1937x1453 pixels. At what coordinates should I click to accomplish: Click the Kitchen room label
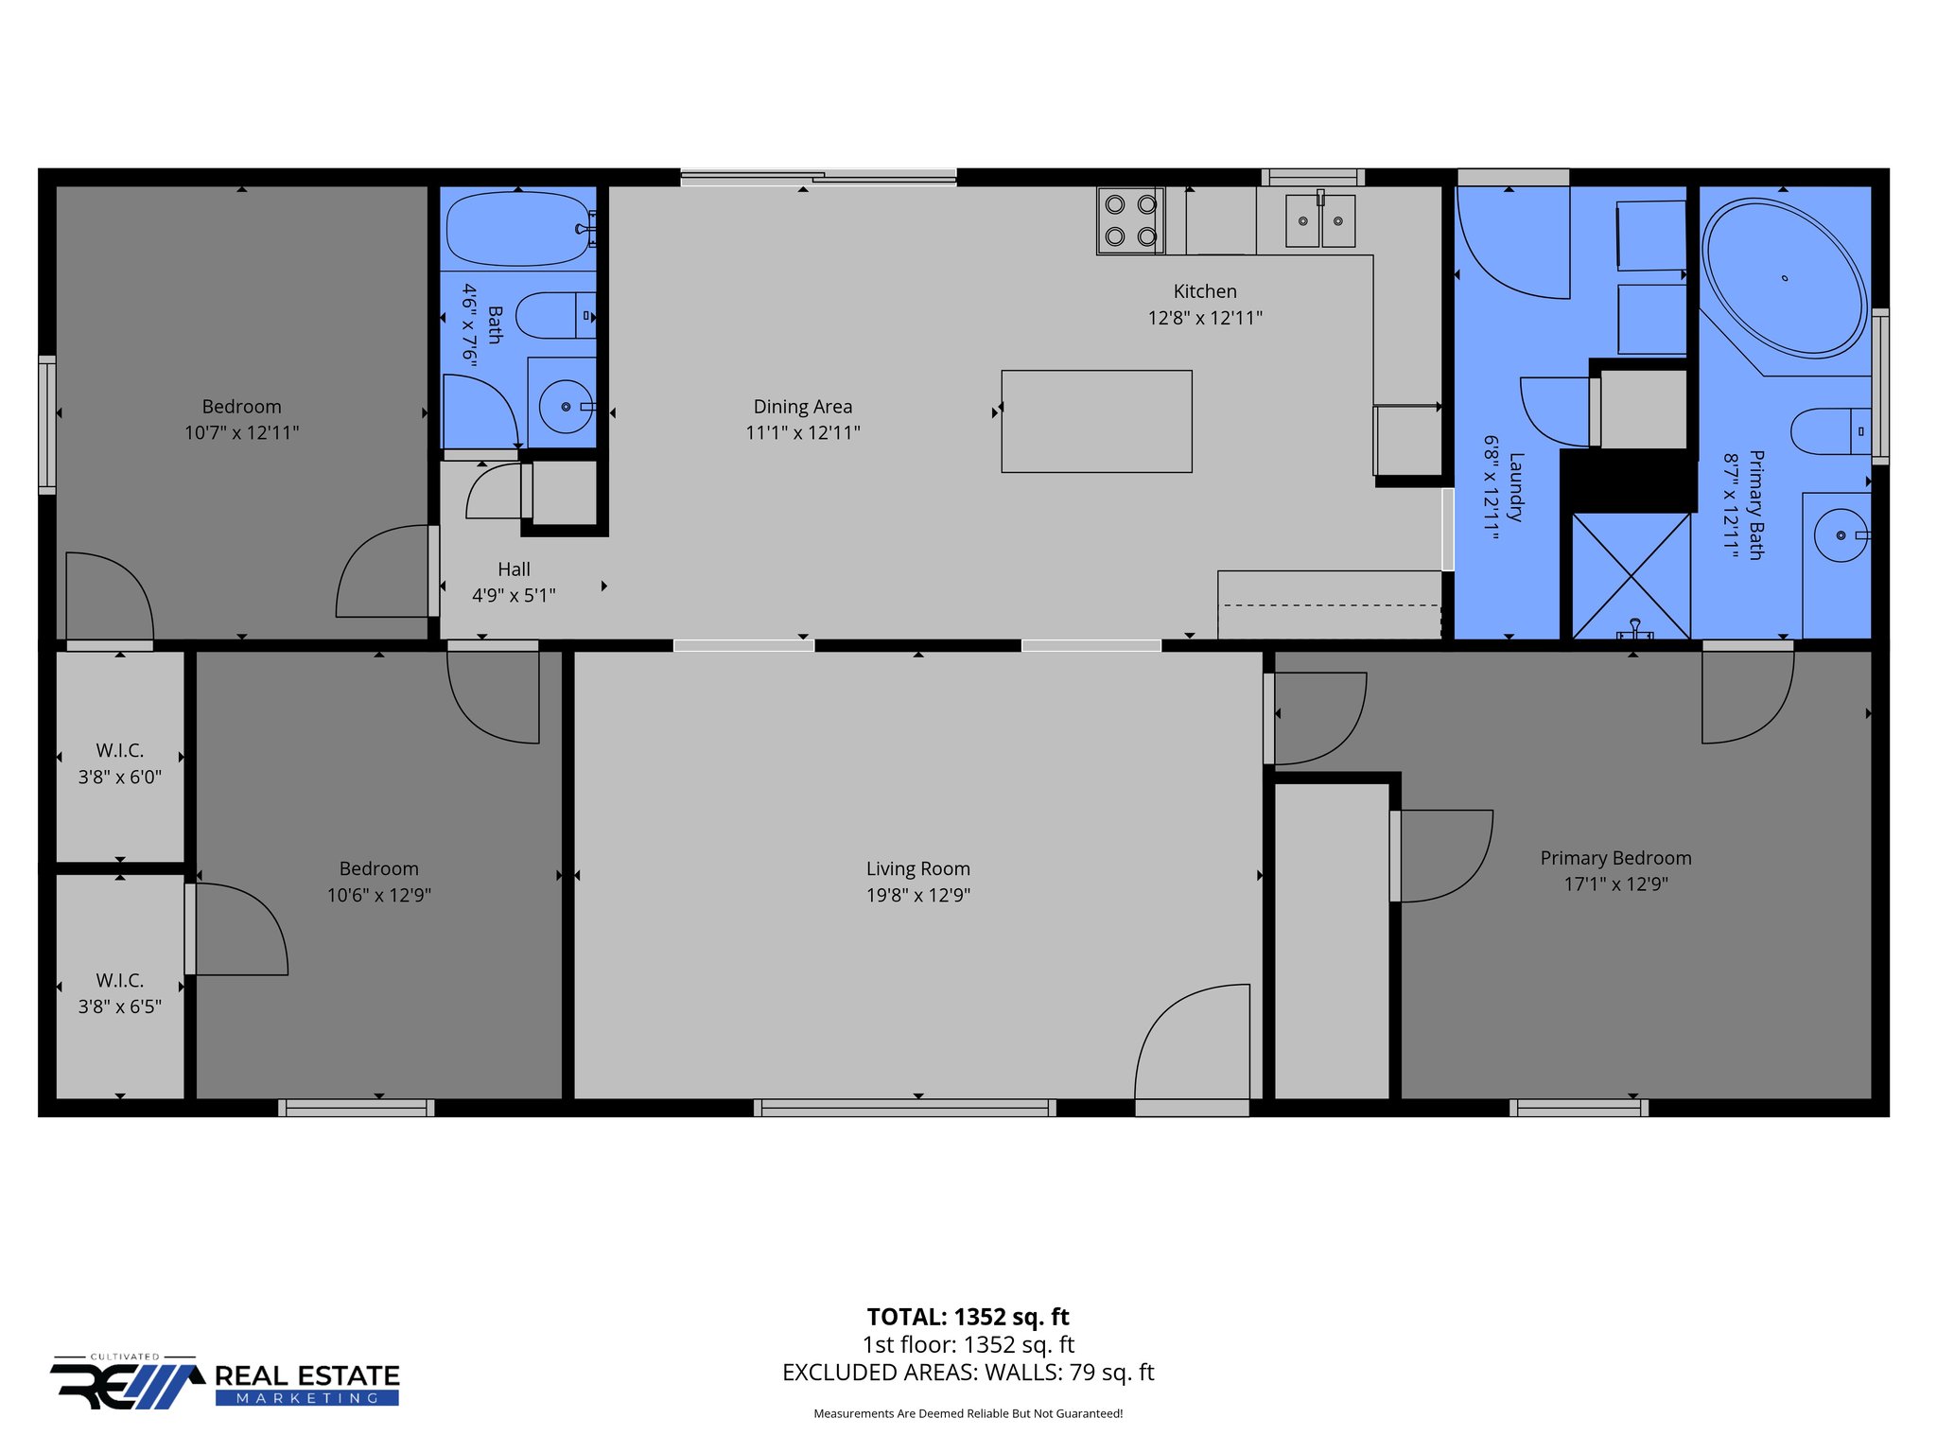(1204, 291)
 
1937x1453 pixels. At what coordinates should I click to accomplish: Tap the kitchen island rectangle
(1096, 421)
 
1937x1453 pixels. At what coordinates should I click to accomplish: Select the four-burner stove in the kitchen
(1130, 219)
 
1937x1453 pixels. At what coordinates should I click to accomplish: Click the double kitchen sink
(1319, 221)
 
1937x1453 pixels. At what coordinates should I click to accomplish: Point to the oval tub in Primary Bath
(1784, 278)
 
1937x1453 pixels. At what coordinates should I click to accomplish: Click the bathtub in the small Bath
(517, 229)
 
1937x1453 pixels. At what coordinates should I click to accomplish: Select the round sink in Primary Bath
(1840, 535)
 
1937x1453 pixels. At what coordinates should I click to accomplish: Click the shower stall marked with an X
(1631, 575)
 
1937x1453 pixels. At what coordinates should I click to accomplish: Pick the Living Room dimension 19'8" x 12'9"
(917, 895)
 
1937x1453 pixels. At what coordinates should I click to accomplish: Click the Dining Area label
(802, 407)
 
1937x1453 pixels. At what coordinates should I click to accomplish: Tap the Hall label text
(514, 569)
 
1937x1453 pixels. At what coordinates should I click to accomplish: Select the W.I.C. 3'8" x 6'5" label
(119, 993)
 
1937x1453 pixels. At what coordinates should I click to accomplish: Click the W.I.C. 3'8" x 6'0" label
(119, 763)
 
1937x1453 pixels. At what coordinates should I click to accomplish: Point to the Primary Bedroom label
(1614, 858)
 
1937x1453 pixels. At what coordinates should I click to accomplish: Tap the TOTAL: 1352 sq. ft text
(968, 1317)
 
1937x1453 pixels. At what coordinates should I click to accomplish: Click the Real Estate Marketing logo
(225, 1383)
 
